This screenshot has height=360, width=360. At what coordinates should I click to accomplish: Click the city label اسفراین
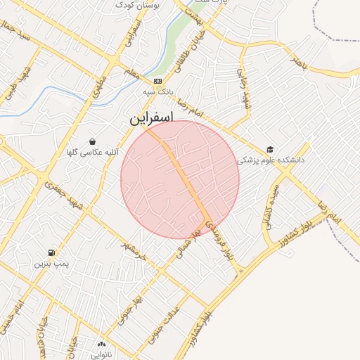coord(150,119)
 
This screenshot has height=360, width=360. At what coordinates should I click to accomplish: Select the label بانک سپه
coord(157,92)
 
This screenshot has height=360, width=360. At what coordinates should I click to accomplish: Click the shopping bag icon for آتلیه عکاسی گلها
coord(92,142)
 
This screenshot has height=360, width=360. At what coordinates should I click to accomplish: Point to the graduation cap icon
coord(270,149)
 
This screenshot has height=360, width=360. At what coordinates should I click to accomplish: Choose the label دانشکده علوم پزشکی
coord(272,160)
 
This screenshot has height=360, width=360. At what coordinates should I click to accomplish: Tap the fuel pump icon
coord(51,252)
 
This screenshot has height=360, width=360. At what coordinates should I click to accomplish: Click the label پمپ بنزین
coord(51,264)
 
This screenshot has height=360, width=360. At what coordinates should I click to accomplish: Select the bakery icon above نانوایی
coord(101,344)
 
